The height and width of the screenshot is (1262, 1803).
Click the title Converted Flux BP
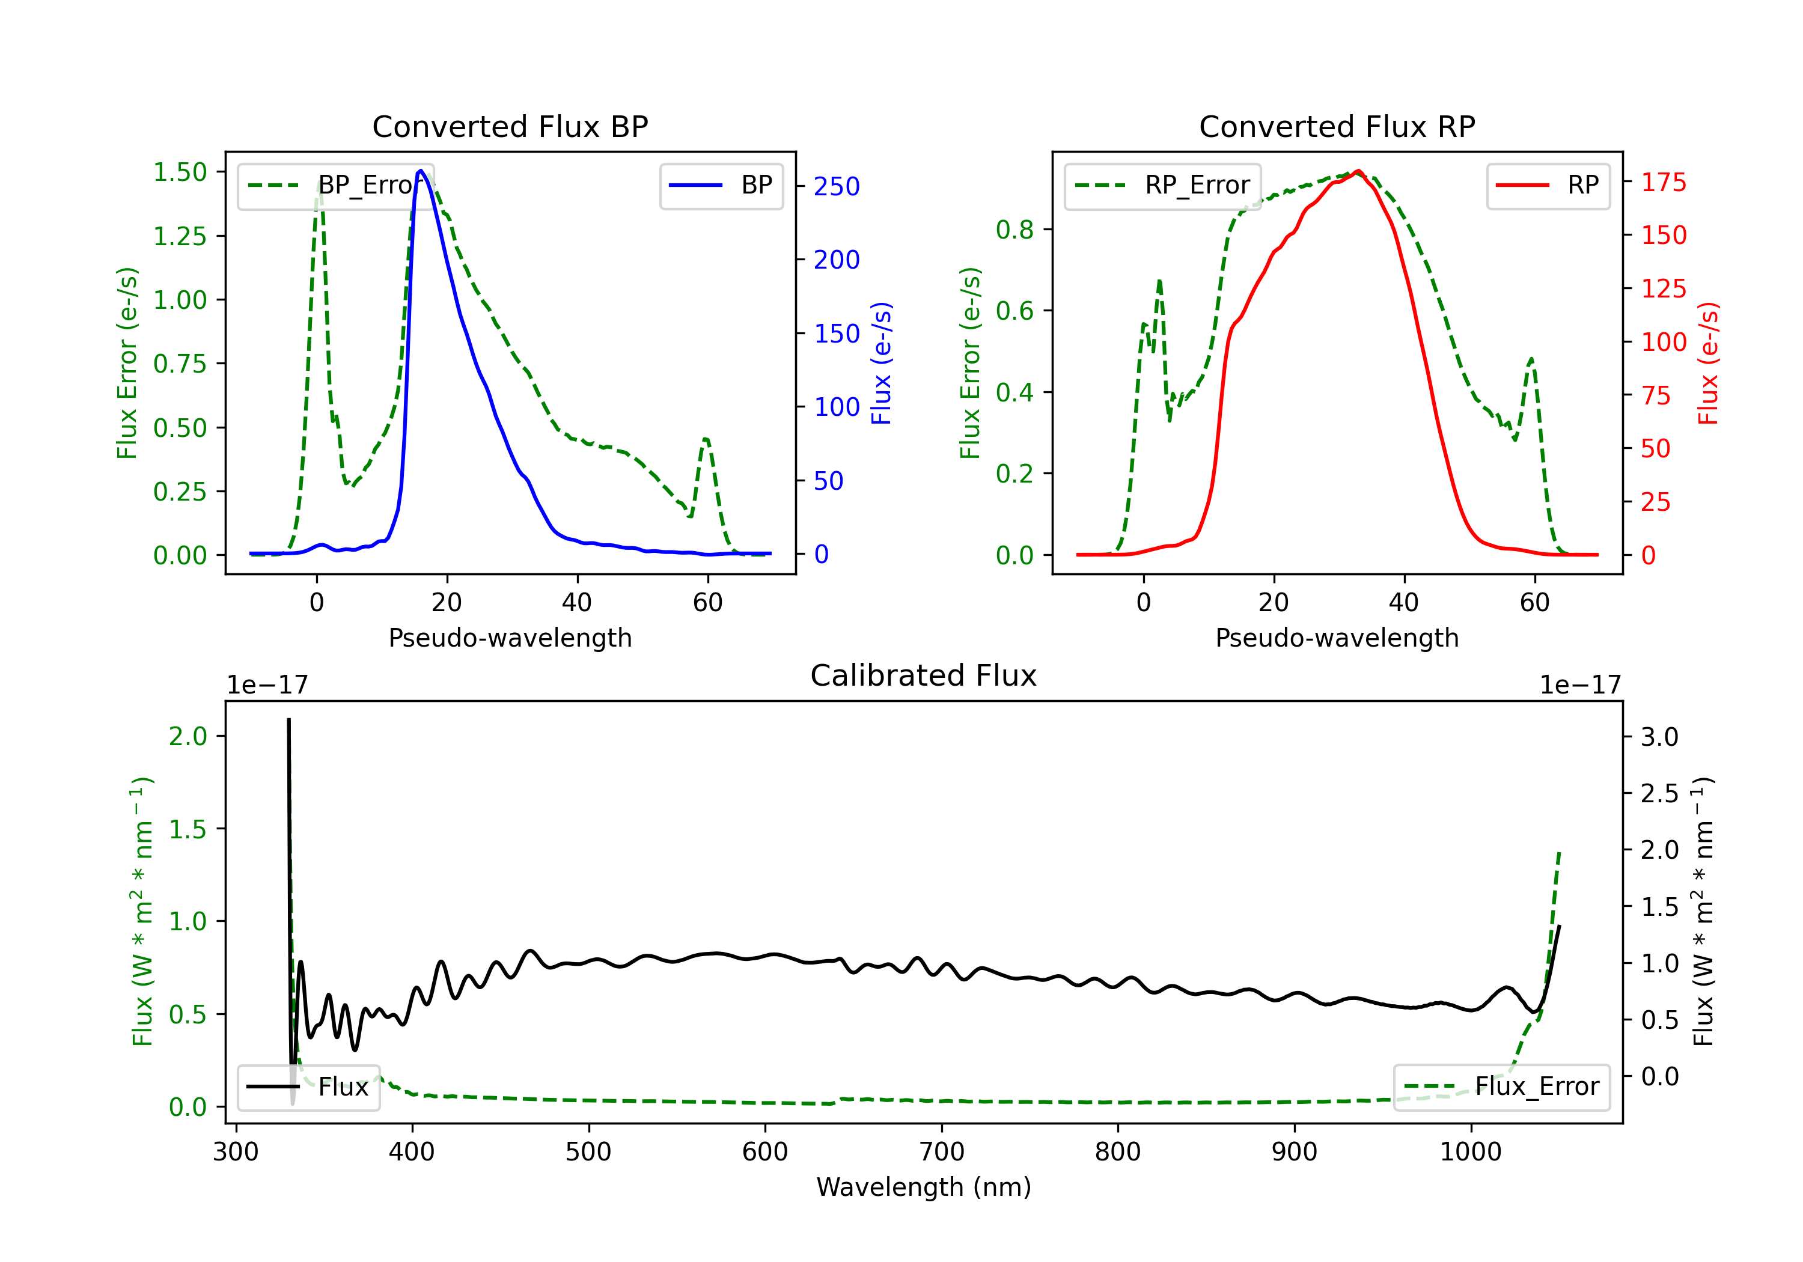510,126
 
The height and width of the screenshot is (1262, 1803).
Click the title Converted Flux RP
1337,126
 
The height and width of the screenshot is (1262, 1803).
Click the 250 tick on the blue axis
837,187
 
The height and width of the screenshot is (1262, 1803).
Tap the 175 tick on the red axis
1663,183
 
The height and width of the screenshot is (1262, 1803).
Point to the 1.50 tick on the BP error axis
180,172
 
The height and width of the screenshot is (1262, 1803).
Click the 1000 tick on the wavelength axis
1470,1152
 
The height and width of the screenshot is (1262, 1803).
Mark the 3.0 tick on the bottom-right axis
1659,737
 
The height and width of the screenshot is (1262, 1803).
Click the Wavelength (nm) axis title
924,1187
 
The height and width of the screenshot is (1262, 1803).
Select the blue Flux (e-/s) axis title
881,364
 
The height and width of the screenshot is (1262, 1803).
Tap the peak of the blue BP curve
421,171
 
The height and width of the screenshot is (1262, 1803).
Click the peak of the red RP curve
1358,171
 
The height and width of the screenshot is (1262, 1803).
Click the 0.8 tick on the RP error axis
1014,230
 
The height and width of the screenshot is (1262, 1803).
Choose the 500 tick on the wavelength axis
588,1152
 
